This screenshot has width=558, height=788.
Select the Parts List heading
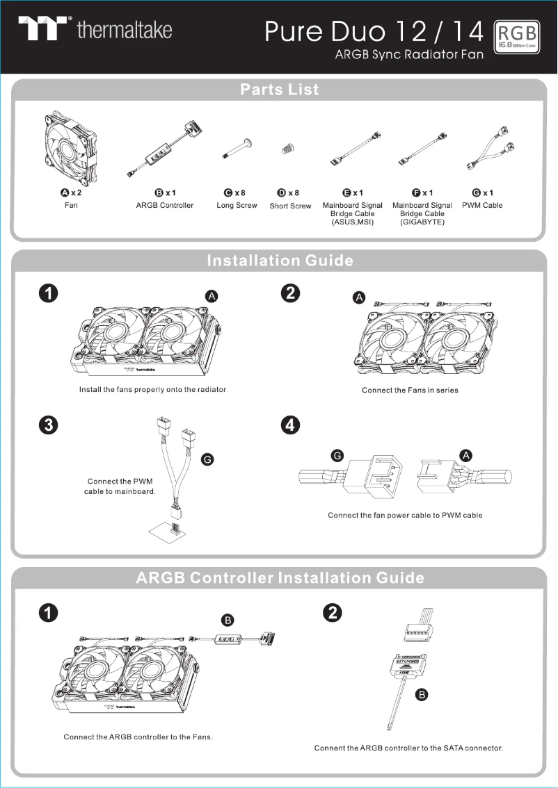point(279,90)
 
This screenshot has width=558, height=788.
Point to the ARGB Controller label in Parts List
point(165,206)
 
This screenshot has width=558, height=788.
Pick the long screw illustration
point(237,149)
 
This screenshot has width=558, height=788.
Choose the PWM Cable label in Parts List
point(482,206)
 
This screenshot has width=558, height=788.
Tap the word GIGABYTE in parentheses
point(422,222)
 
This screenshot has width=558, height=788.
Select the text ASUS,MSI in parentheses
point(353,222)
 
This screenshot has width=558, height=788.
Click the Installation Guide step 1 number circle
point(47,294)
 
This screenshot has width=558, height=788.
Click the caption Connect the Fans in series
point(410,390)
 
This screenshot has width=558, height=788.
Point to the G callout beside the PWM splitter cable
point(207,459)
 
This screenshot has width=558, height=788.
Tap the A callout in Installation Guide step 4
point(465,455)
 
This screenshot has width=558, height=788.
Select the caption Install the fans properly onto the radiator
point(152,389)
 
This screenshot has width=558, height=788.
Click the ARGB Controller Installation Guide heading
point(280,578)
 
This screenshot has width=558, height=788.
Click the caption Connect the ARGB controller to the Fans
point(138,737)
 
